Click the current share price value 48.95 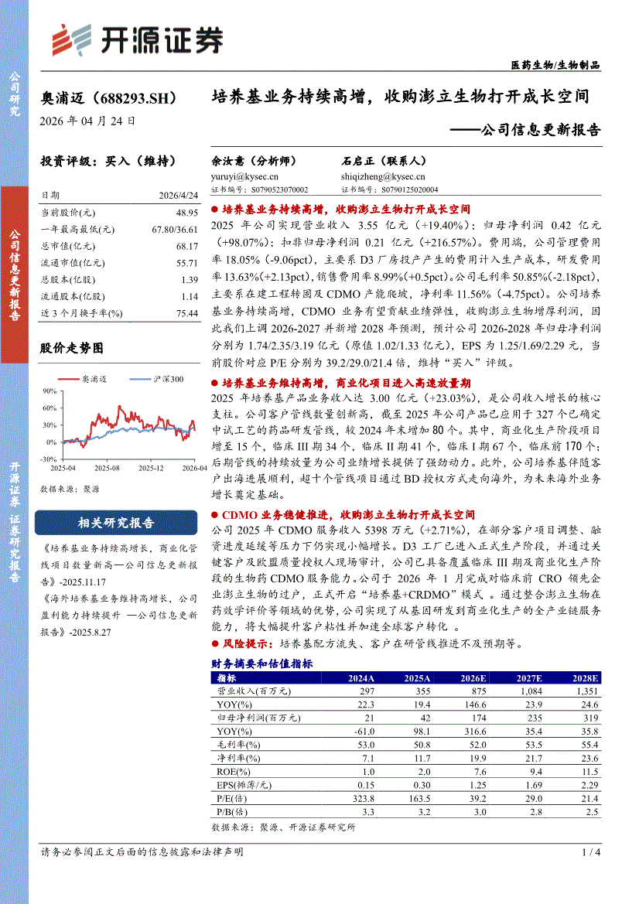187,212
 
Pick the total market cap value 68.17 187,245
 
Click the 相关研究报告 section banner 116,523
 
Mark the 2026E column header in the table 473,678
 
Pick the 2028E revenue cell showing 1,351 583,691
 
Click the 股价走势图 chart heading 71,349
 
